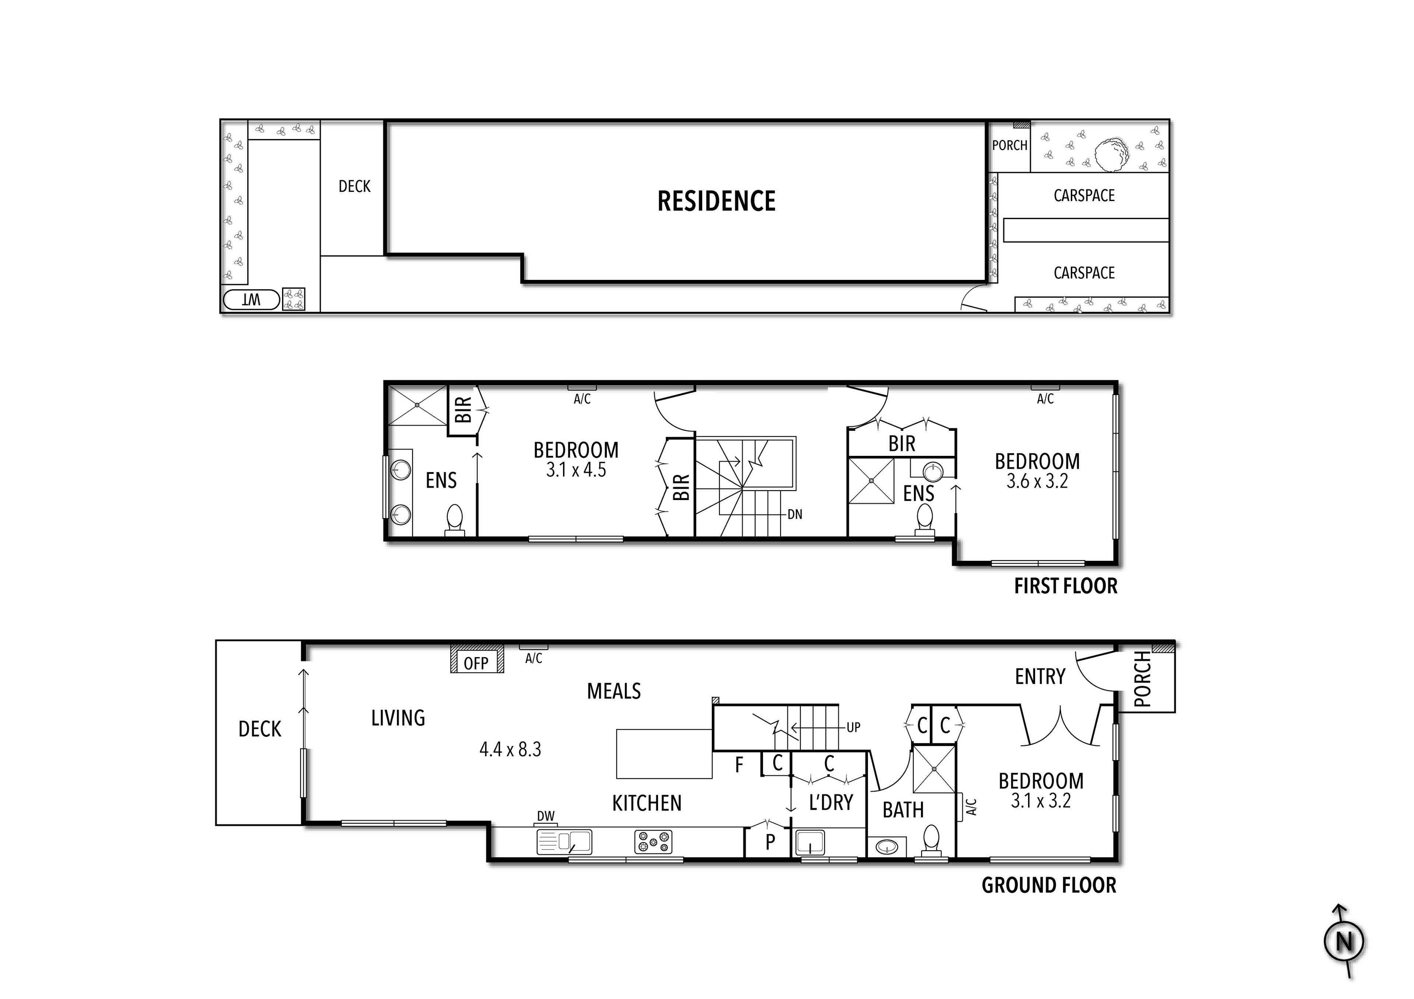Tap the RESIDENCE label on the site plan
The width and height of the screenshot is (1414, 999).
[716, 201]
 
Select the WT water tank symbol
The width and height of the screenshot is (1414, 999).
[251, 300]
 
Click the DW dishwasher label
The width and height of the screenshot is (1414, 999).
[546, 816]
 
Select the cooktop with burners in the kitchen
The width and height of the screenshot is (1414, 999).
[653, 842]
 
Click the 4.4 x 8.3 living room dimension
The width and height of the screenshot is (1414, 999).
[510, 750]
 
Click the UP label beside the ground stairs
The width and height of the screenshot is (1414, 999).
[853, 727]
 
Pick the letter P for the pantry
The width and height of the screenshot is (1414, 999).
[770, 842]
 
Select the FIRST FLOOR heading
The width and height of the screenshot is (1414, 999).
[1065, 586]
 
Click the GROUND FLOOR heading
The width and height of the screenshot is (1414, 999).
[1048, 886]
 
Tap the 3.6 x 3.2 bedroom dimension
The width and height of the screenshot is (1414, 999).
[1037, 481]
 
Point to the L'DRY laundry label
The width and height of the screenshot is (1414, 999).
[831, 802]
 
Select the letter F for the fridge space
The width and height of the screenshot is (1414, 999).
[739, 765]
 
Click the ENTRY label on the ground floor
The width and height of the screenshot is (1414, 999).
[1040, 677]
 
